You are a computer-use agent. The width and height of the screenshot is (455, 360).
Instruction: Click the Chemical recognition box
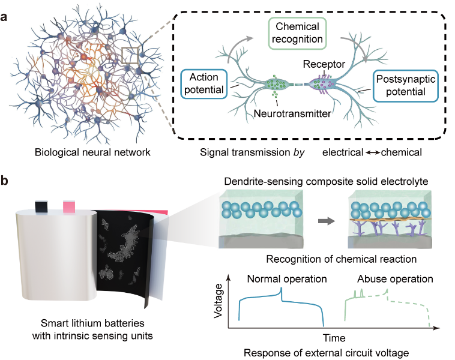point(298,33)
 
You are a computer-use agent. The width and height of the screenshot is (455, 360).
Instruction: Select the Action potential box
point(203,84)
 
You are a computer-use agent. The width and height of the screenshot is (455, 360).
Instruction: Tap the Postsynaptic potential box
point(405,86)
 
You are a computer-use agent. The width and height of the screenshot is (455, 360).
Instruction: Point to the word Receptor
point(324,64)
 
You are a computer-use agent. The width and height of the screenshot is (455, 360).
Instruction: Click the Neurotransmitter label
point(292,114)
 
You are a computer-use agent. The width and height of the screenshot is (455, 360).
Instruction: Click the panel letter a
point(4,17)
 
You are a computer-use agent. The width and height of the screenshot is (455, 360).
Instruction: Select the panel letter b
point(4,181)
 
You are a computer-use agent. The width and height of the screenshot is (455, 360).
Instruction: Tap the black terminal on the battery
point(41,206)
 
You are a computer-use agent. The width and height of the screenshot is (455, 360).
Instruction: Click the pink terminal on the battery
point(69,206)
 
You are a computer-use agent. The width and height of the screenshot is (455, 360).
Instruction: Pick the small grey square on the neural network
point(130,55)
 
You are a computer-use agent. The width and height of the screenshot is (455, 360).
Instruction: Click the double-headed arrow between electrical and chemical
point(373,152)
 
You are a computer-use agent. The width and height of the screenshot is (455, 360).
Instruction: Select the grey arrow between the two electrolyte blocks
point(327,221)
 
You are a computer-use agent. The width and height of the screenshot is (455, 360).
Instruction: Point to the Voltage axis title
point(218,301)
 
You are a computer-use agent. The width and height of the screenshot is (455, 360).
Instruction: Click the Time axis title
point(334,338)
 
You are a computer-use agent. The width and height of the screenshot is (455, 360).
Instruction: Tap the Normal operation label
point(287,279)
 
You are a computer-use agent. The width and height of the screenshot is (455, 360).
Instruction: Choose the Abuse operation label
point(395,279)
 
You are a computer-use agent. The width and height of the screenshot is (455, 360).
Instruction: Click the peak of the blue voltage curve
point(281,288)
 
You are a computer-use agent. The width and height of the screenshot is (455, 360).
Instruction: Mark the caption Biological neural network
point(92,152)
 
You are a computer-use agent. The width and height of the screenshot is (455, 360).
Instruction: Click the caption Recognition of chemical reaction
point(341,259)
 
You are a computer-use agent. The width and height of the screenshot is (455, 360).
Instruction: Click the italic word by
point(299,152)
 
